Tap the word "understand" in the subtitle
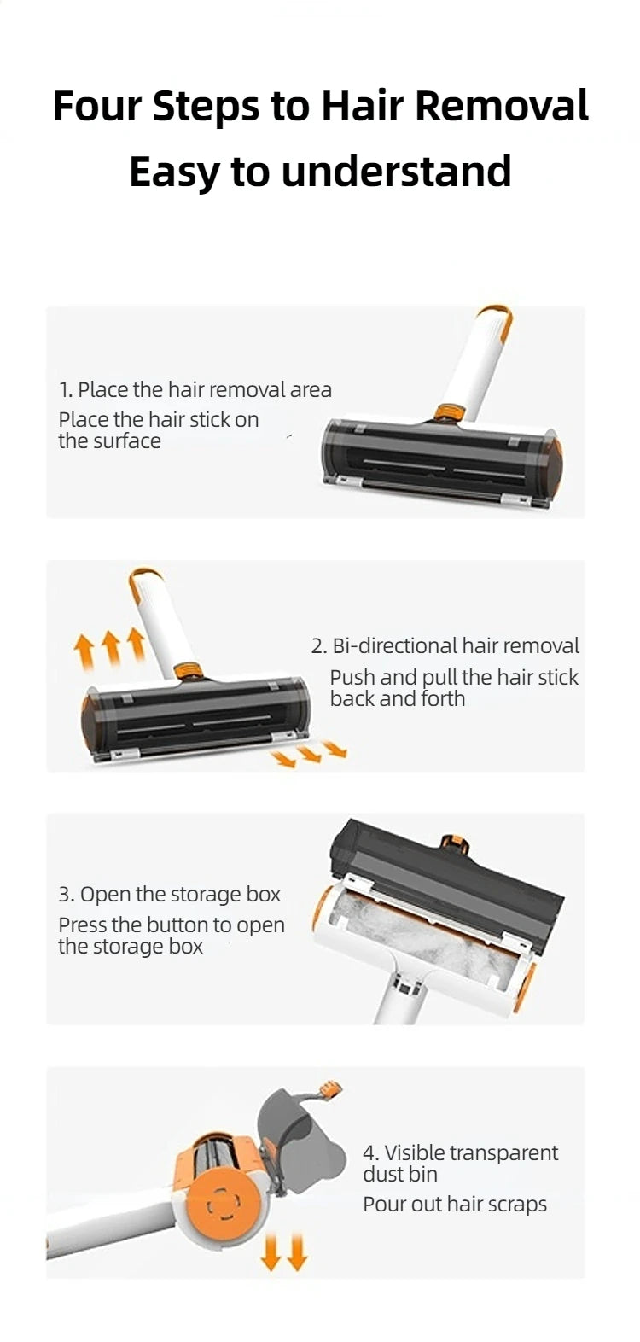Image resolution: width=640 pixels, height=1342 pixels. click(396, 171)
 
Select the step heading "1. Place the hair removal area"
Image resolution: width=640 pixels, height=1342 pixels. click(195, 390)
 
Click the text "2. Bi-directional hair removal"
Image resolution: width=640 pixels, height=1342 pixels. click(445, 646)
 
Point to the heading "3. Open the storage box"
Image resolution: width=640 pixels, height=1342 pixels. click(169, 895)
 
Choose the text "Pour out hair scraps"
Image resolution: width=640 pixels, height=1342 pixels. click(455, 1205)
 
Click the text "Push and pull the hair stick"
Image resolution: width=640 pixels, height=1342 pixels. click(454, 678)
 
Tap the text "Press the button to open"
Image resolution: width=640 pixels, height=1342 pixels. click(172, 925)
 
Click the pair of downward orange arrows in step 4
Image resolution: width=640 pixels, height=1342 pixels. click(283, 1253)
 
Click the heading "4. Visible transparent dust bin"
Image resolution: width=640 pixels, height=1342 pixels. click(460, 1164)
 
